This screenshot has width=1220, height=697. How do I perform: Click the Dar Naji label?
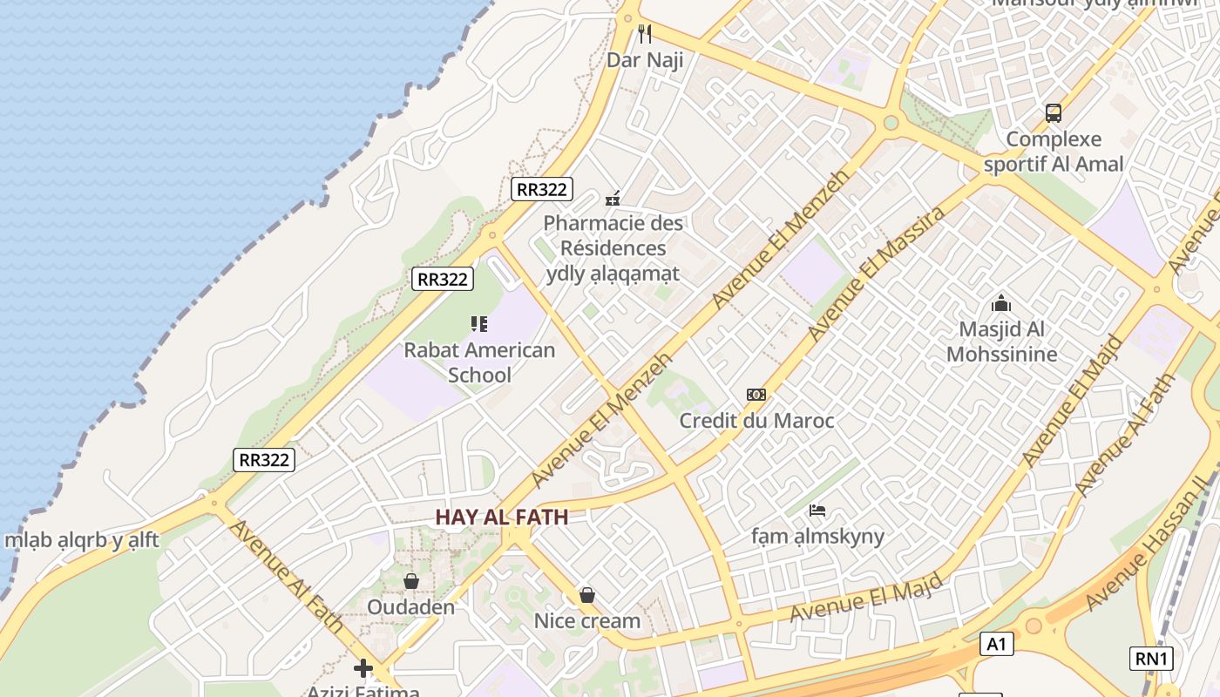[645, 60]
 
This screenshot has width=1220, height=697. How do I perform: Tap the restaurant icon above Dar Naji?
[645, 34]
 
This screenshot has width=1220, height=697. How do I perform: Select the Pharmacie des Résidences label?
[613, 247]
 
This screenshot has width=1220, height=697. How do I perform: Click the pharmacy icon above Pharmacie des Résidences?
[613, 199]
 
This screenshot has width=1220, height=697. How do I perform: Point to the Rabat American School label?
[479, 362]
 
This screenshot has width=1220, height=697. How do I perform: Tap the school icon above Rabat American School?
[479, 324]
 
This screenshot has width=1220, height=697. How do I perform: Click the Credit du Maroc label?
[756, 421]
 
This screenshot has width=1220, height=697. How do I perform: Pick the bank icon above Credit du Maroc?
[756, 395]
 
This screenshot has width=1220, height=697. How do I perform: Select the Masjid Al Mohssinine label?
[1001, 342]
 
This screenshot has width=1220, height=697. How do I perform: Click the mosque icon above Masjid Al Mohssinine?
[1001, 304]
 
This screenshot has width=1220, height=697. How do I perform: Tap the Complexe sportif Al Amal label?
[1054, 152]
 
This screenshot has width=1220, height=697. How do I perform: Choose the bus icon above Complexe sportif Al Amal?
[1054, 112]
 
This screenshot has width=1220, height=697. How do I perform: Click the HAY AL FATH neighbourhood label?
[502, 517]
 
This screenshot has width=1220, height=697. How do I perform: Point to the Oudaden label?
[411, 606]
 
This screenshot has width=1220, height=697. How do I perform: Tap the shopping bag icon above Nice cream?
[587, 596]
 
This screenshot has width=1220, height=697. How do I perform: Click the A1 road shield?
[996, 644]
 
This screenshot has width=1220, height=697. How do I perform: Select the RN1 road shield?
[1151, 659]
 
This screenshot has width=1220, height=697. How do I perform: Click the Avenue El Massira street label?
[876, 274]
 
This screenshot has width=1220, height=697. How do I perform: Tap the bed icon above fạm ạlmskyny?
[817, 511]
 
